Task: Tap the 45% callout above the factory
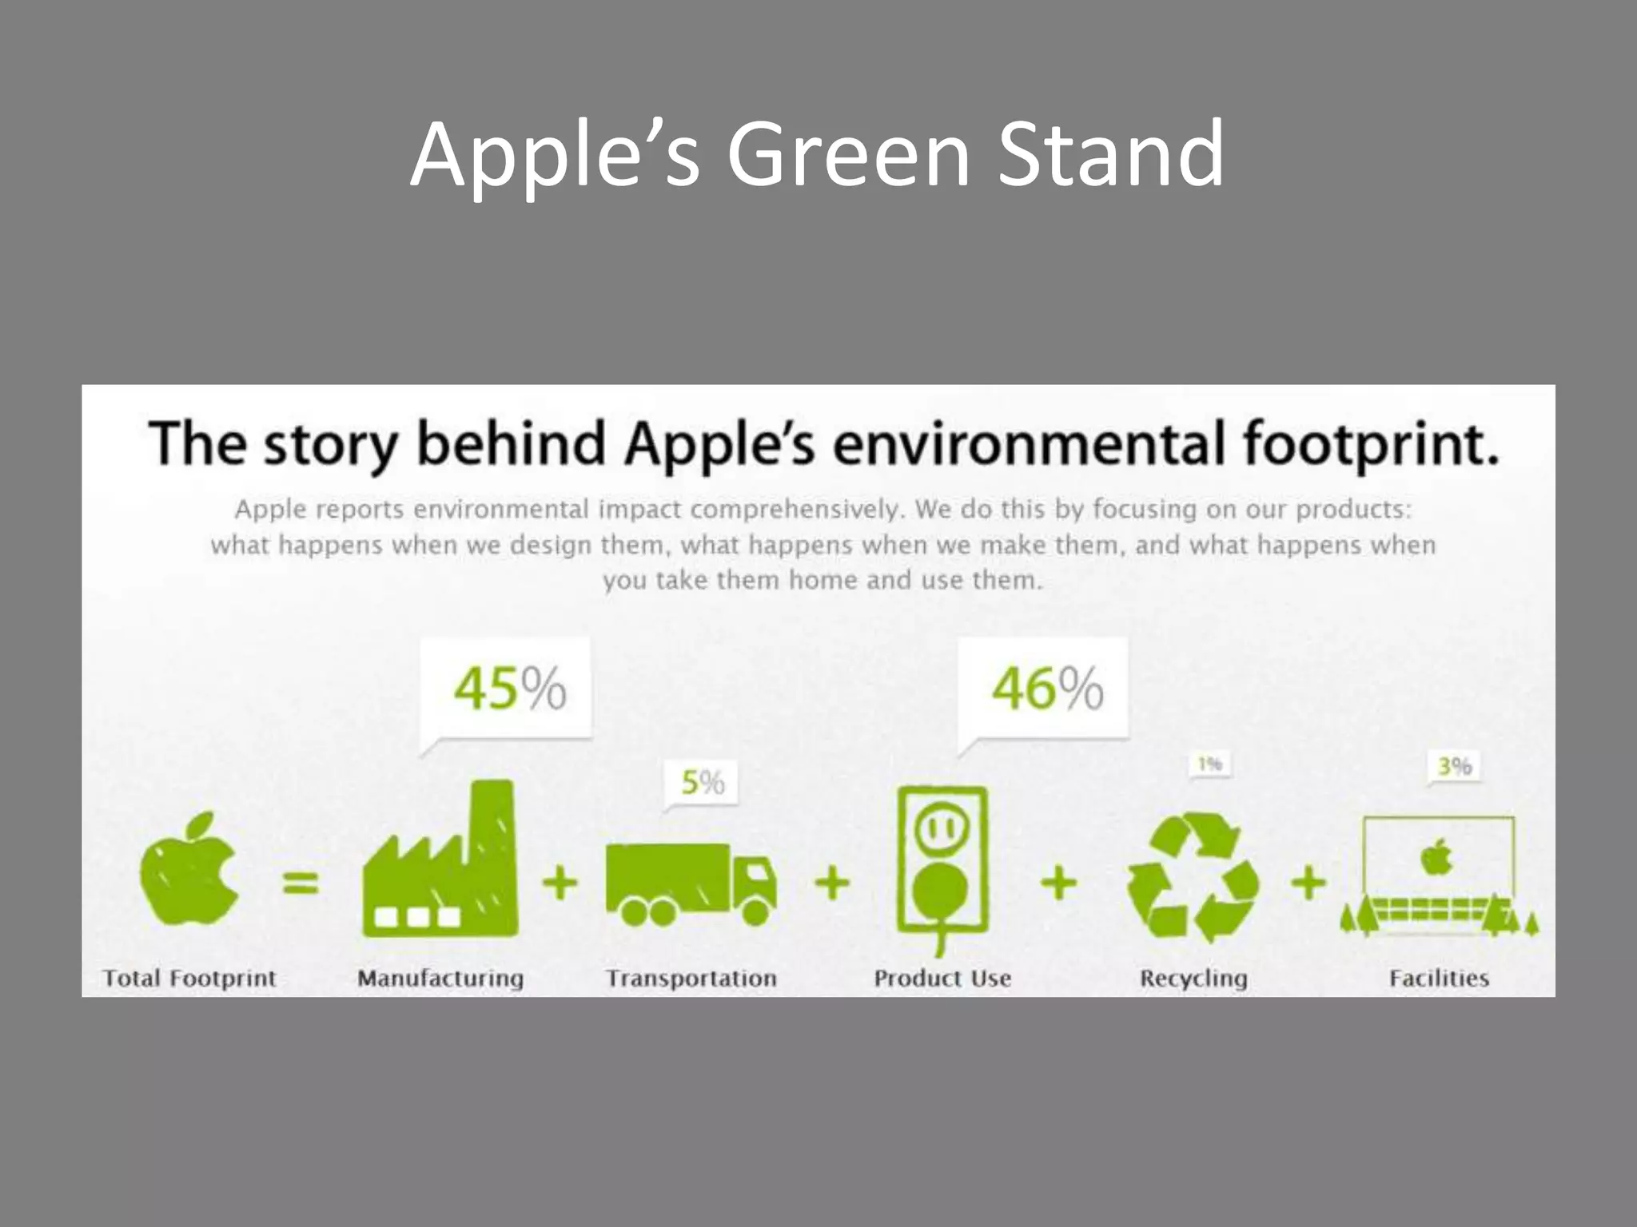click(509, 688)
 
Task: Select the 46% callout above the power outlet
click(1047, 688)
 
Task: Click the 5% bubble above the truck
click(702, 782)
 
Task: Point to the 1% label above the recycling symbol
click(1210, 764)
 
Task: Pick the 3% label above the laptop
click(1454, 766)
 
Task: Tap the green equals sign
click(301, 884)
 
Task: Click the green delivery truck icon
click(689, 884)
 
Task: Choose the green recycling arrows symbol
click(1193, 877)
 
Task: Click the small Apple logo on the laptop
click(1436, 858)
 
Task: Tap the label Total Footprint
click(189, 978)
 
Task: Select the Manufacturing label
click(440, 978)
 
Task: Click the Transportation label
click(691, 978)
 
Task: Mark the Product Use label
click(942, 978)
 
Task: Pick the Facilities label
click(1439, 978)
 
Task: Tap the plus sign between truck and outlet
click(832, 884)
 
